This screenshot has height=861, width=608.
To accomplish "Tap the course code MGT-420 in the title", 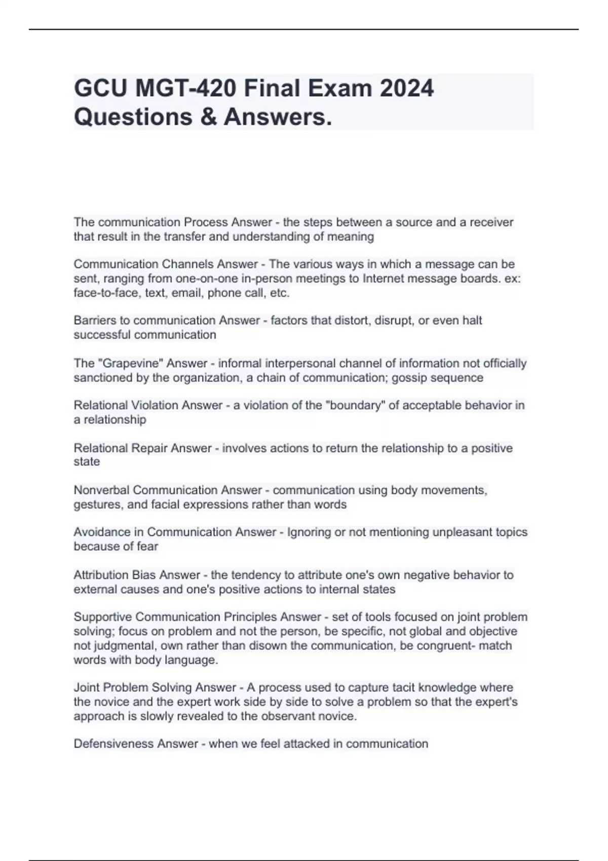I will click(185, 89).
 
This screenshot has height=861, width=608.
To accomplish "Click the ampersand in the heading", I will click(208, 117).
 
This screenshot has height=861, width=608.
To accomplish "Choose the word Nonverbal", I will click(101, 490).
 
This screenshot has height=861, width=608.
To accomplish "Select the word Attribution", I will click(101, 575).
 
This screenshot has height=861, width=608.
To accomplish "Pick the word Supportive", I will click(103, 617).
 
